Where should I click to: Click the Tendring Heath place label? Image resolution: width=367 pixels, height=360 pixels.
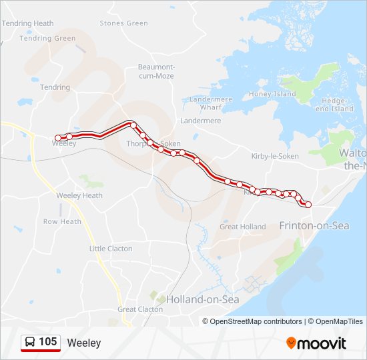click(x=27, y=23)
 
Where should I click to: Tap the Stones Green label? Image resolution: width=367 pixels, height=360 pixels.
click(x=123, y=23)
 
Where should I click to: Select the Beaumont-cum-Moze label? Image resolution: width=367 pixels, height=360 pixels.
click(x=155, y=71)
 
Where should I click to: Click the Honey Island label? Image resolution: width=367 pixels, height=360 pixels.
click(x=272, y=94)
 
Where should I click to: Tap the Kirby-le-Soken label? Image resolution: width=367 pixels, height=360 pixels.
click(x=275, y=156)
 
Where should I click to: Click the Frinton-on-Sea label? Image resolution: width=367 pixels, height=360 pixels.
click(x=314, y=226)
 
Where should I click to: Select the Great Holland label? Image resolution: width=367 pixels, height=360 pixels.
click(x=243, y=227)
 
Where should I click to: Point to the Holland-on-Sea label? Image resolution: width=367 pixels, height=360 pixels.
click(x=202, y=299)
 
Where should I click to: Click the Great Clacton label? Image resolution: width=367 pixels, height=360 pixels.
click(x=140, y=309)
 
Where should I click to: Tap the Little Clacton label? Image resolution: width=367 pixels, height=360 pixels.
click(x=111, y=249)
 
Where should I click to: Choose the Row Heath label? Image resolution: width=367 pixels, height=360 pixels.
click(x=62, y=222)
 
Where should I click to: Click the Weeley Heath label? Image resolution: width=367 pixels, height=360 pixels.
click(x=79, y=195)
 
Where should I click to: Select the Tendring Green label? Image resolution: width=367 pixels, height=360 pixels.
click(x=47, y=39)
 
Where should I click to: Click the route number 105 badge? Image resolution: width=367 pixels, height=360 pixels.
click(x=48, y=342)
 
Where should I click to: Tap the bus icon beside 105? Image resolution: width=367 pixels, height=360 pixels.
click(x=30, y=343)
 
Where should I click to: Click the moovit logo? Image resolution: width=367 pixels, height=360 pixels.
click(x=316, y=343)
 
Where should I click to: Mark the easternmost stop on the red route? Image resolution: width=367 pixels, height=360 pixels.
click(x=308, y=205)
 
